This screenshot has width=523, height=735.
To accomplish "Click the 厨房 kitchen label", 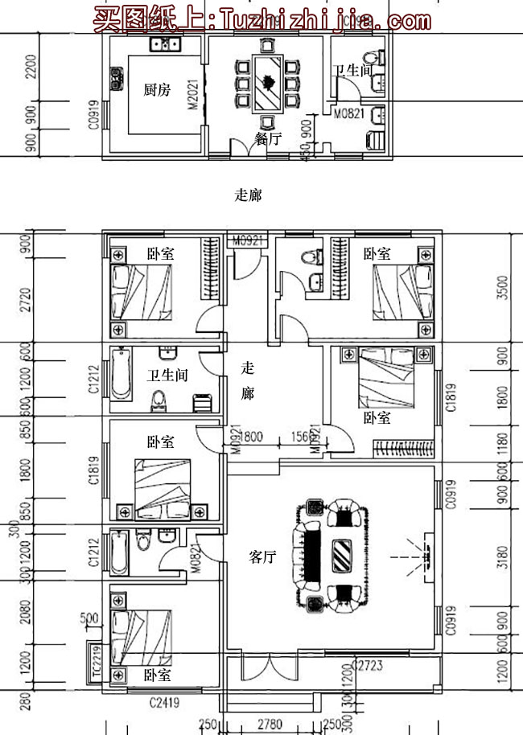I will pos(157,90).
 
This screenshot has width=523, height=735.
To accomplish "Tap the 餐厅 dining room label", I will pos(268,138).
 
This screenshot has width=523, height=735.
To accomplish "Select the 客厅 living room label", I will pos(262,556).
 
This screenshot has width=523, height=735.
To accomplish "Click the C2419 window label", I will pos(165,703).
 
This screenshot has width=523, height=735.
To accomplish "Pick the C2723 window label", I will pos(367,665).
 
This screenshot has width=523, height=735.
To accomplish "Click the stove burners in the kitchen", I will pos(116,78).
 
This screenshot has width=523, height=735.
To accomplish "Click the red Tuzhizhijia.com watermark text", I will pos(262,18).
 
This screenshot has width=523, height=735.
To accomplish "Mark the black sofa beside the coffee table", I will pos(311,555).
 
